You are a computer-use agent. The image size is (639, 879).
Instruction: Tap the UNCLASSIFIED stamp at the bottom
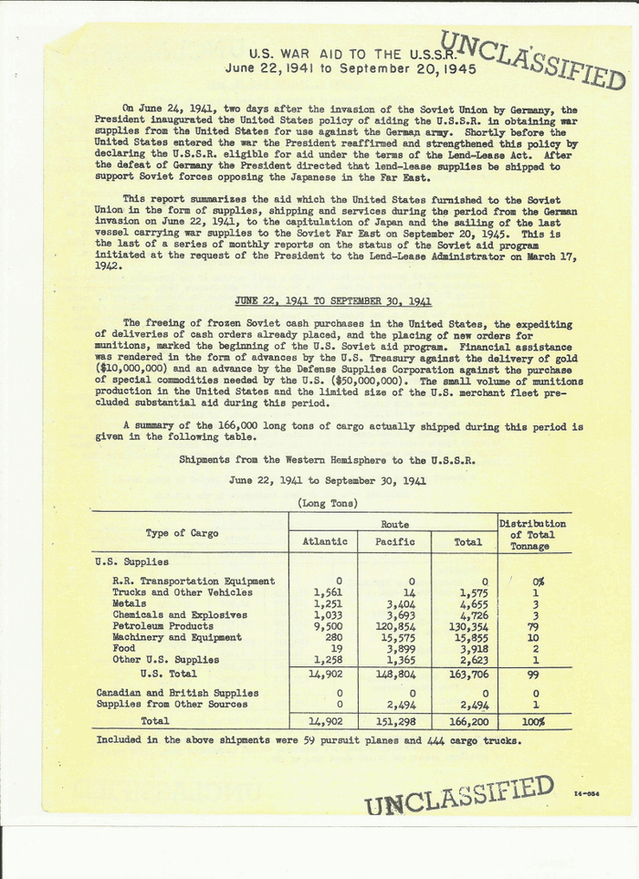[x=459, y=795]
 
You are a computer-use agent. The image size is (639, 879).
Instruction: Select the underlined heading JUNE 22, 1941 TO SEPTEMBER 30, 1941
[x=333, y=301]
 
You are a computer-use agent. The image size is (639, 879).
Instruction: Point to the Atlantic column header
[x=324, y=541]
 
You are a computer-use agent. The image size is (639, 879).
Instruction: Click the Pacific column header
[x=395, y=541]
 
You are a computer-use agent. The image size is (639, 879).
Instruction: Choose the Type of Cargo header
[x=182, y=533]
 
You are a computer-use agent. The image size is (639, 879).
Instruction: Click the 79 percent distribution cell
[x=537, y=626]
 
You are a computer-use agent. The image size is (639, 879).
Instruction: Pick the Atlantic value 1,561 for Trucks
[x=327, y=592]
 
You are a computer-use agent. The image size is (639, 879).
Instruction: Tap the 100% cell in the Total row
[x=537, y=721]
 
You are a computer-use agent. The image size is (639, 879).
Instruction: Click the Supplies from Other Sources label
[x=172, y=704]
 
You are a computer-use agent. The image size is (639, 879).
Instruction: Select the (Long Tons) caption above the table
[x=328, y=503]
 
